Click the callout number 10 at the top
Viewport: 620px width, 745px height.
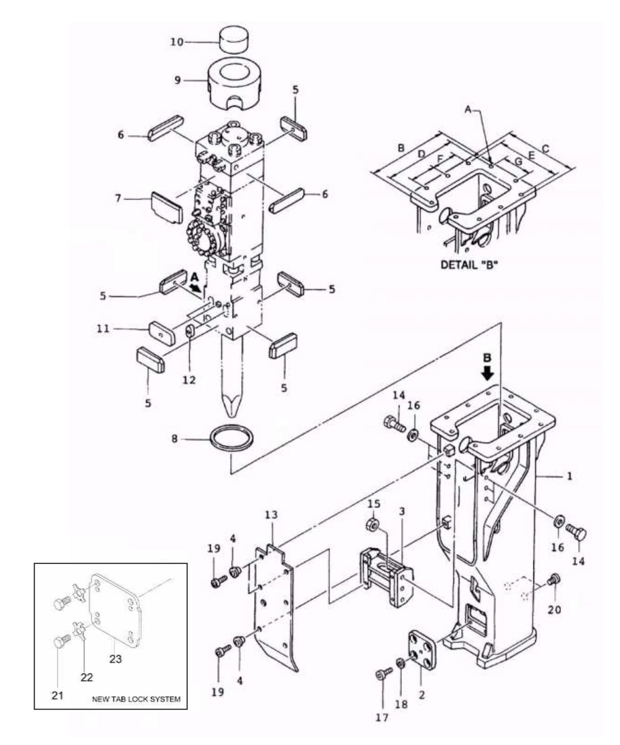[x=177, y=42]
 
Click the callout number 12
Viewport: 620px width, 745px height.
[x=189, y=380]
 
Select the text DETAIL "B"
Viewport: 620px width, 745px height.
[x=469, y=265]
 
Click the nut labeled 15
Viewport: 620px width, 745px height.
[x=372, y=525]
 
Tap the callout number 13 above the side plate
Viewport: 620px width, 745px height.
[x=271, y=514]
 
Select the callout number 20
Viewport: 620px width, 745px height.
[x=554, y=609]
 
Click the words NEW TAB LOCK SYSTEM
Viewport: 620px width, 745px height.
[x=136, y=699]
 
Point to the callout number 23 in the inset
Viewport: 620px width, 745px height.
[x=115, y=658]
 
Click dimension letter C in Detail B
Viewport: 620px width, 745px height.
[x=545, y=149]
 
